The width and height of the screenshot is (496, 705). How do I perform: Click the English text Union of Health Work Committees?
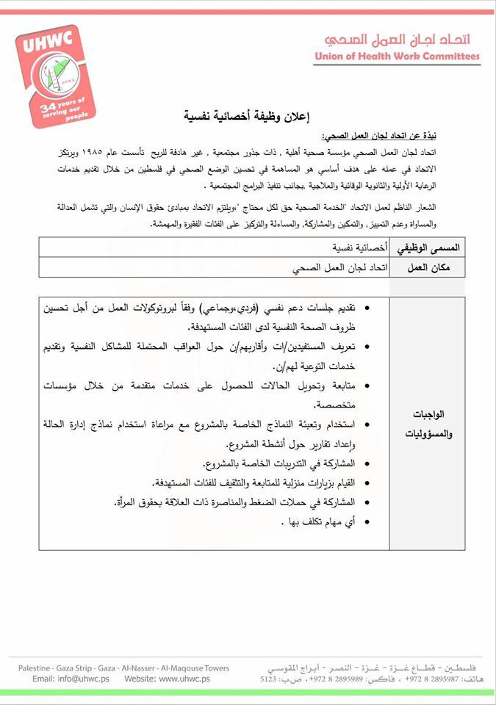(x=397, y=57)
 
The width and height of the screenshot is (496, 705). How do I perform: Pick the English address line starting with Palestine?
(x=124, y=668)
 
